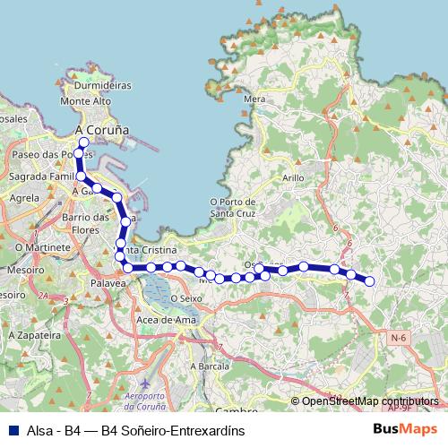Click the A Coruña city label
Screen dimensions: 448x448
pyautogui.click(x=102, y=129)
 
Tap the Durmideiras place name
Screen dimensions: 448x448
pyautogui.click(x=101, y=86)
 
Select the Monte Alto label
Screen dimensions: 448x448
pyautogui.click(x=85, y=101)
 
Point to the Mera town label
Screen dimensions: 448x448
pyautogui.click(x=254, y=99)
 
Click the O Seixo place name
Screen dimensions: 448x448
pyautogui.click(x=186, y=297)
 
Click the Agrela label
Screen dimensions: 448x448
pyautogui.click(x=23, y=198)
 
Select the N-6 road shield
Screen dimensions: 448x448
pyautogui.click(x=398, y=338)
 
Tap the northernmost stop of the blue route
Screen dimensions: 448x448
pyautogui.click(x=83, y=142)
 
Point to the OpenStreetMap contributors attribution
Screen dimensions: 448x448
pyautogui.click(x=370, y=401)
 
